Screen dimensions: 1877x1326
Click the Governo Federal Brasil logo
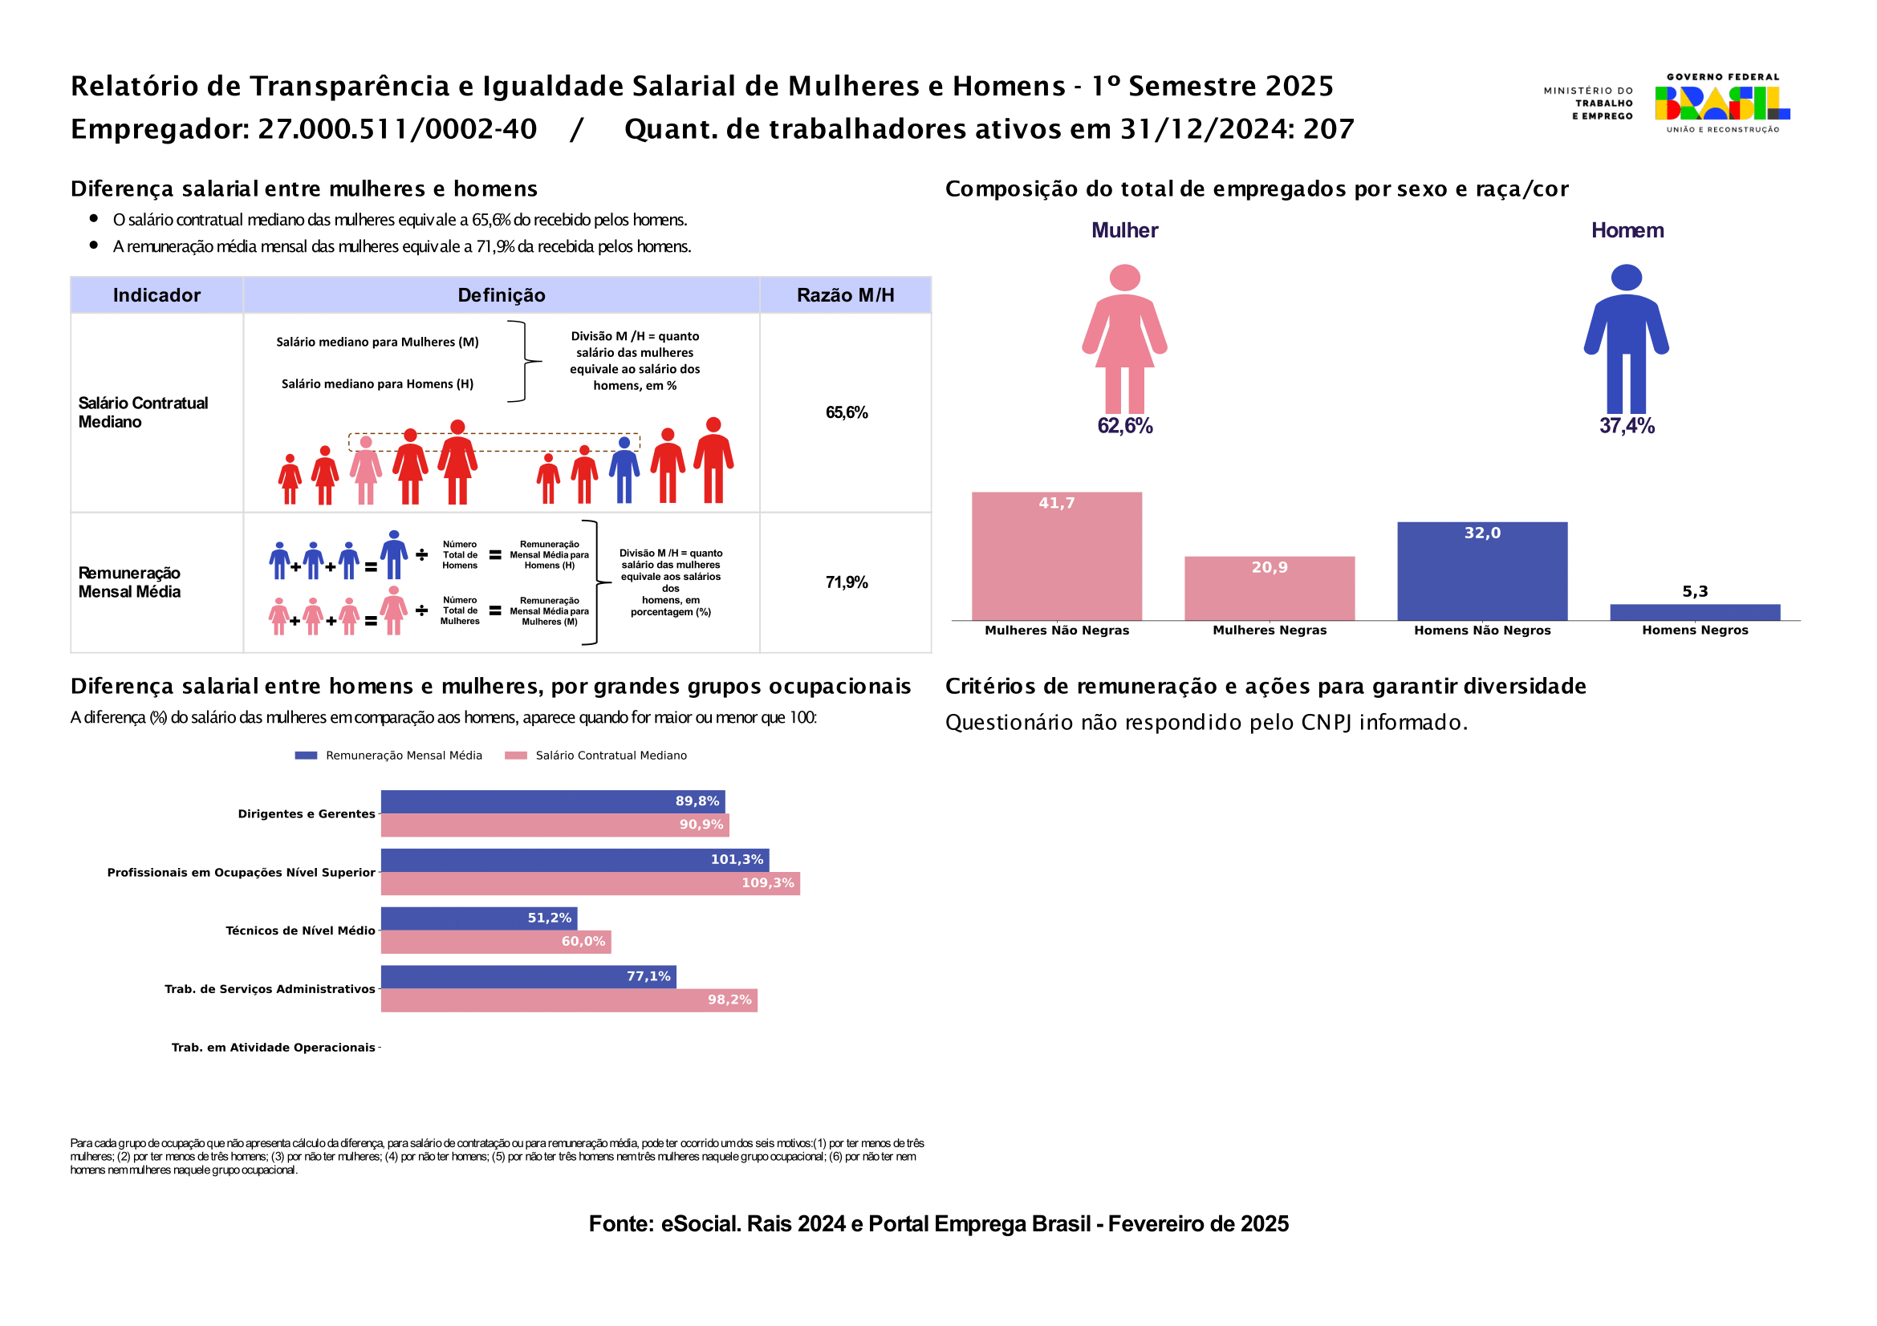1722,103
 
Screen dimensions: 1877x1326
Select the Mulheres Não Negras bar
1056,557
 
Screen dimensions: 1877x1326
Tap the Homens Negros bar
1695,613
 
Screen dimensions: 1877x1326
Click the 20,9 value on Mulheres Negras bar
1270,567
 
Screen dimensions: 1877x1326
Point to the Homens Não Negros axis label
1482,630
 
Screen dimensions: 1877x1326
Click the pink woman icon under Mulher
1125,339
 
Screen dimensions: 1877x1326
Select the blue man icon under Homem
1626,339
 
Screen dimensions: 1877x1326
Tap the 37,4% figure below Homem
1627,426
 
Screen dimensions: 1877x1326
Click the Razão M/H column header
845,295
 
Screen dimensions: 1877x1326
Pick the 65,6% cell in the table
846,412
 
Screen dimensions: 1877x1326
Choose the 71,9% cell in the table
846,582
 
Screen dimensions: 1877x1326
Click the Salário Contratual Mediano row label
143,412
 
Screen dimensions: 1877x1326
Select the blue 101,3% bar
575,860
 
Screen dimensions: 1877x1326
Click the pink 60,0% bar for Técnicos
495,942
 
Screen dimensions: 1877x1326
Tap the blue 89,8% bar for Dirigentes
553,801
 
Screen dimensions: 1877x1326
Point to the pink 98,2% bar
569,1000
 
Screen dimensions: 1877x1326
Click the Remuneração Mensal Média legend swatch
306,756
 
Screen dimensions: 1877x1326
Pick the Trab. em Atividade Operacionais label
273,1048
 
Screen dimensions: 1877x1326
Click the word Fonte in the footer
620,1224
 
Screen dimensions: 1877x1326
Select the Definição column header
501,295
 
